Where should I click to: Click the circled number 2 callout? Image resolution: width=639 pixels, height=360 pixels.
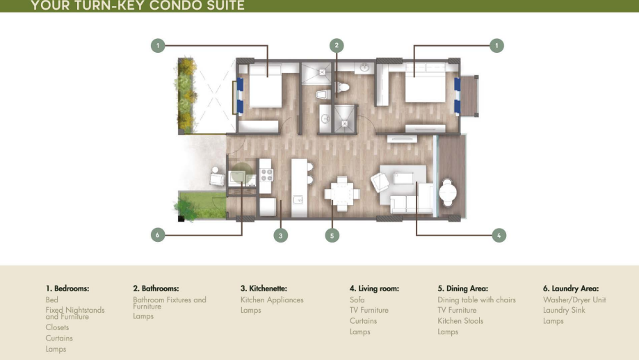click(337, 45)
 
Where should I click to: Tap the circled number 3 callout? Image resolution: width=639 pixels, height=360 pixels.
click(280, 236)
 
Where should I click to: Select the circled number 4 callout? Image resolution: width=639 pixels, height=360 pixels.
click(499, 235)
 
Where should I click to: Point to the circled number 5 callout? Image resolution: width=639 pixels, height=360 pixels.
click(332, 236)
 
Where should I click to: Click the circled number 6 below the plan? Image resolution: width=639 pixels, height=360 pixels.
click(158, 235)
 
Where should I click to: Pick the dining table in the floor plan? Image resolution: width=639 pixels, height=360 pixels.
click(342, 193)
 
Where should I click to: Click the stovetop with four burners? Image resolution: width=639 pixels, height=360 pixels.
click(266, 175)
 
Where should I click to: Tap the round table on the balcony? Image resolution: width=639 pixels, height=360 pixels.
click(448, 191)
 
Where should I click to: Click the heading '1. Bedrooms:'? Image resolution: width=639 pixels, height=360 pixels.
click(67, 288)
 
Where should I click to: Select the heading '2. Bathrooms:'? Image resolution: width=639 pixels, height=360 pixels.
click(156, 288)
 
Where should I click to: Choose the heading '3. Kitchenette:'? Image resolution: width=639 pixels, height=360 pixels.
click(264, 288)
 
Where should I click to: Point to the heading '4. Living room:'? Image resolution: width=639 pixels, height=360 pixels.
click(374, 288)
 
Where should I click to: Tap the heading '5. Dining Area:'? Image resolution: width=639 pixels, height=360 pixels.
click(462, 288)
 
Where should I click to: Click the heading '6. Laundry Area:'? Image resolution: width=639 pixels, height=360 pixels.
click(571, 288)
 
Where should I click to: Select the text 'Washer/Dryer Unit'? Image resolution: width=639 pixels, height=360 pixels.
click(574, 300)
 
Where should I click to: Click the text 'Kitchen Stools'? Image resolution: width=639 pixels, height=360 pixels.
click(460, 321)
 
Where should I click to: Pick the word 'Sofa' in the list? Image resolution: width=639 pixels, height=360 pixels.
click(357, 300)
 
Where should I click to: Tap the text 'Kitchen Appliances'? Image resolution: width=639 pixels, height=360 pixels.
click(272, 300)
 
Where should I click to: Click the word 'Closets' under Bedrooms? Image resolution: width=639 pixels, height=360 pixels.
click(57, 327)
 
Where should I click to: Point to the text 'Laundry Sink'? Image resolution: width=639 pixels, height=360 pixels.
click(564, 311)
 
